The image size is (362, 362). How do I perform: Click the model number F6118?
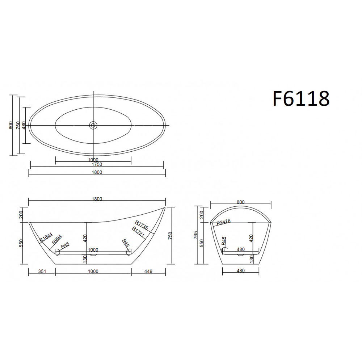click(x=301, y=98)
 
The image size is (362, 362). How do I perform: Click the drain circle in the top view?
click(x=93, y=125)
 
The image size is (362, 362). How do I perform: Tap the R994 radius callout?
click(x=57, y=239)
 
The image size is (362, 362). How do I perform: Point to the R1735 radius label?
click(x=142, y=225)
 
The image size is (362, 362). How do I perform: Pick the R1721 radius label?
click(x=138, y=232)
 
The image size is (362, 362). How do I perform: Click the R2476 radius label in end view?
click(x=223, y=222)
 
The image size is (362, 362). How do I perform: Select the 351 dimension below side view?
click(x=42, y=271)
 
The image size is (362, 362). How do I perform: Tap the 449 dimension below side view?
click(x=148, y=271)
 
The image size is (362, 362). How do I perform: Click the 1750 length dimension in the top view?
click(x=97, y=164)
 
